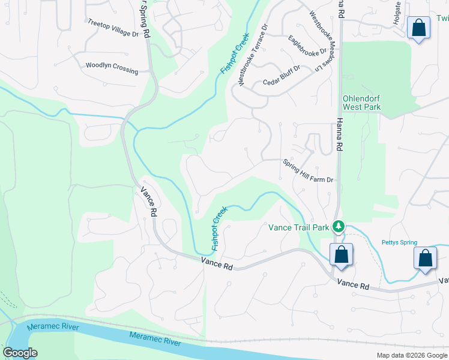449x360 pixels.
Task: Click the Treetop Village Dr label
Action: click(113, 28)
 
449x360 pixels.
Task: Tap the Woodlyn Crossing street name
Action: click(112, 68)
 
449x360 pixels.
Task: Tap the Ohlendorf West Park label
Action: click(361, 103)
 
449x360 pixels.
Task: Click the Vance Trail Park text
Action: click(298, 227)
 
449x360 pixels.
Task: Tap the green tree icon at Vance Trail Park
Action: click(339, 227)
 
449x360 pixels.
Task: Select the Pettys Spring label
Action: click(399, 243)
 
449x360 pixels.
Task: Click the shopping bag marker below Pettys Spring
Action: click(426, 258)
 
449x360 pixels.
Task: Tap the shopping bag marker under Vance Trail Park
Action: click(341, 254)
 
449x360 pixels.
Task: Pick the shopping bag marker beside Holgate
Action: click(418, 28)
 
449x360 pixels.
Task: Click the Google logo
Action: click(20, 352)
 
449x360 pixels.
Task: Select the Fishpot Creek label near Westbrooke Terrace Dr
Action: click(234, 56)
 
